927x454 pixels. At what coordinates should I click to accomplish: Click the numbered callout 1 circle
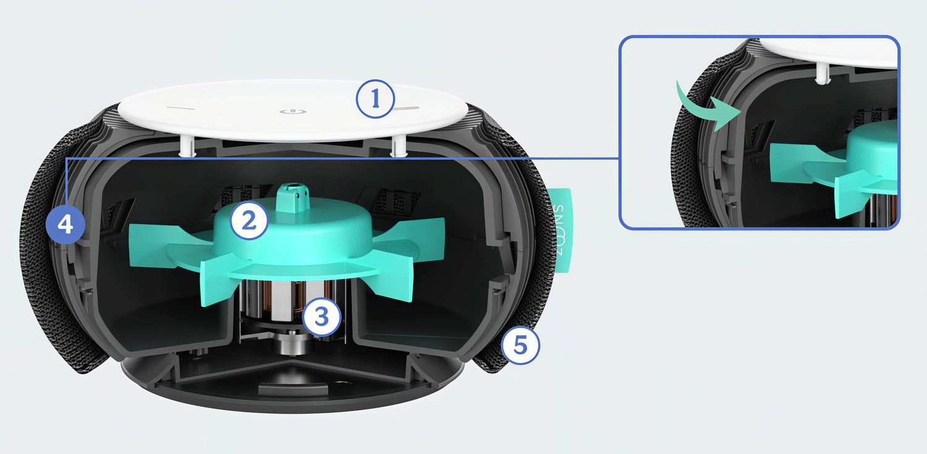click(x=375, y=99)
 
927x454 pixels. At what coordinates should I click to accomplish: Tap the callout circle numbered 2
click(x=248, y=220)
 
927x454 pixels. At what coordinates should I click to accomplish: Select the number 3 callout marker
click(x=321, y=317)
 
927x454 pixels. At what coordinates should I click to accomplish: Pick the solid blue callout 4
click(x=66, y=225)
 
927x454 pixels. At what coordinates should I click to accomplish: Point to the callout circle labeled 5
click(x=520, y=345)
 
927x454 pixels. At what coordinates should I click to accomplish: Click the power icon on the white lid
click(x=292, y=111)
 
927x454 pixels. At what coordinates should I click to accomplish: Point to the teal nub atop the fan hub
click(x=293, y=197)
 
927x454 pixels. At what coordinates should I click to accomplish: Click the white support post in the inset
click(x=823, y=74)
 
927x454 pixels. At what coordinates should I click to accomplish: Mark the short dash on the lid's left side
click(x=180, y=108)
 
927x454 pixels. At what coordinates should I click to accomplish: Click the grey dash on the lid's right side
click(x=407, y=109)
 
